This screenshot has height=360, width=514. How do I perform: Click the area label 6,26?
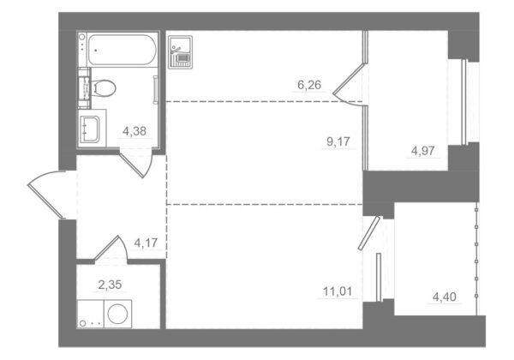309,85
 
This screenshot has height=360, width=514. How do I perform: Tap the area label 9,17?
338,142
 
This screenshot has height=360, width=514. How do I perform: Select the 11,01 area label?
338,291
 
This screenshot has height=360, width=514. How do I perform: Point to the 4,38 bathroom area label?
134,131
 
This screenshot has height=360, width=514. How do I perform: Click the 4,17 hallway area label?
146,243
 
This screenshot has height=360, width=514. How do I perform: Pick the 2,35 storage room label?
110,285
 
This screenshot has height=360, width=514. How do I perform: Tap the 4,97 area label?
423,151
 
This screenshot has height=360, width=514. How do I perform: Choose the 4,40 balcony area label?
444,297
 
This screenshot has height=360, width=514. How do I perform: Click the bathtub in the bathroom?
122,50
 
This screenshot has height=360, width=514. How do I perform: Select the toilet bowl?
103,88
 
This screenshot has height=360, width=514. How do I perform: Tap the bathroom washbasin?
90,129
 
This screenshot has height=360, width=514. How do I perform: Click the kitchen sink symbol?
180,52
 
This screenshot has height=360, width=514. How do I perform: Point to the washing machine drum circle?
117,314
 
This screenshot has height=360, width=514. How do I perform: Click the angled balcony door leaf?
369,233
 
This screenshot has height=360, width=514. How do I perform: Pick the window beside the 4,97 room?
463,102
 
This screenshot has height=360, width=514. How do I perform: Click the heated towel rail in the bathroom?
155,90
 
